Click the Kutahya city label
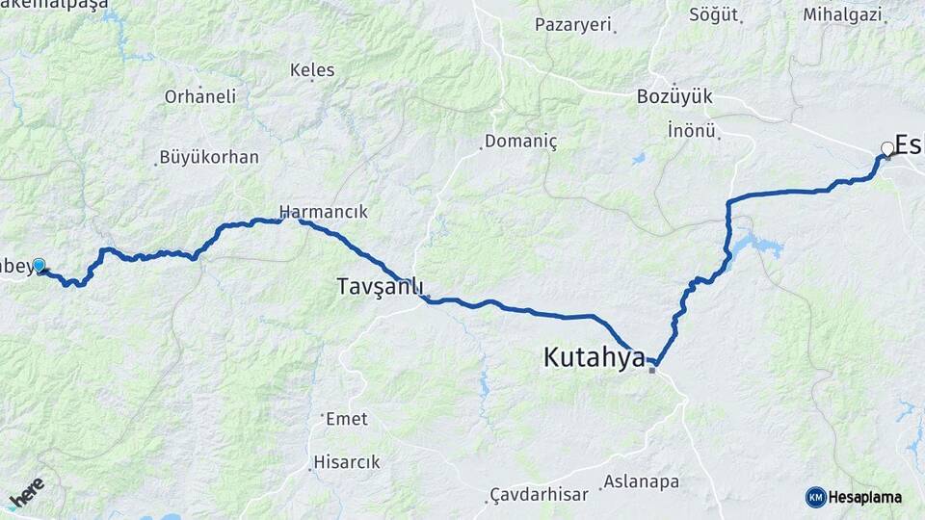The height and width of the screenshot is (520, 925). pyautogui.click(x=594, y=358)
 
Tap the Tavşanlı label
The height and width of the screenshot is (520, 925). pyautogui.click(x=380, y=286)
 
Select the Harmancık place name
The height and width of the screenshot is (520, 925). pyautogui.click(x=323, y=211)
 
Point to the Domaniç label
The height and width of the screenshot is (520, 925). pyautogui.click(x=521, y=142)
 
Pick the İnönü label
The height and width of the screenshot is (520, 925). pyautogui.click(x=692, y=130)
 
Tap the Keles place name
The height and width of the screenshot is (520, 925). pyautogui.click(x=312, y=70)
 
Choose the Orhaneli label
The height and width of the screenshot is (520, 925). pyautogui.click(x=200, y=96)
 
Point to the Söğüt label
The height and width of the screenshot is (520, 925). pyautogui.click(x=714, y=14)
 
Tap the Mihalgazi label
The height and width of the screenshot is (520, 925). pyautogui.click(x=842, y=14)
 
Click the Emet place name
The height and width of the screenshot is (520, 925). pyautogui.click(x=347, y=419)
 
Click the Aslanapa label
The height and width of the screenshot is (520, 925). pyautogui.click(x=641, y=481)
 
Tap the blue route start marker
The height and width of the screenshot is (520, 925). pyautogui.click(x=39, y=265)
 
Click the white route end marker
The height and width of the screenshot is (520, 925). pyautogui.click(x=887, y=148)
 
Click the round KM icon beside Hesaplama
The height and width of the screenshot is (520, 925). pyautogui.click(x=815, y=497)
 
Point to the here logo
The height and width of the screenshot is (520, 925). pyautogui.click(x=27, y=493)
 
